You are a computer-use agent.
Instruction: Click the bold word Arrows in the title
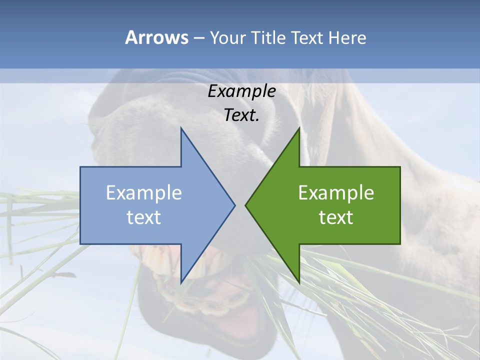pyautogui.click(x=156, y=37)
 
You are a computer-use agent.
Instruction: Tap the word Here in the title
pyautogui.click(x=347, y=37)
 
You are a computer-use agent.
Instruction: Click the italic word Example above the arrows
pyautogui.click(x=241, y=91)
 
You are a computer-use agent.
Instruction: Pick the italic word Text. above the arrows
pyautogui.click(x=241, y=115)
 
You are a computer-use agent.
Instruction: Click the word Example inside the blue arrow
pyautogui.click(x=144, y=193)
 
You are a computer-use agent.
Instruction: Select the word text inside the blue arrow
pyautogui.click(x=144, y=217)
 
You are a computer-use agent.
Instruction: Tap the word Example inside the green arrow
pyautogui.click(x=336, y=193)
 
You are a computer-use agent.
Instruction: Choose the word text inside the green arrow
pyautogui.click(x=336, y=217)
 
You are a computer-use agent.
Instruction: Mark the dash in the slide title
pyautogui.click(x=198, y=38)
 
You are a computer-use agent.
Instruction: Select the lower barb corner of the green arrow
pyautogui.click(x=299, y=282)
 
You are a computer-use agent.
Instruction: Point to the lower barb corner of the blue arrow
pyautogui.click(x=181, y=282)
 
